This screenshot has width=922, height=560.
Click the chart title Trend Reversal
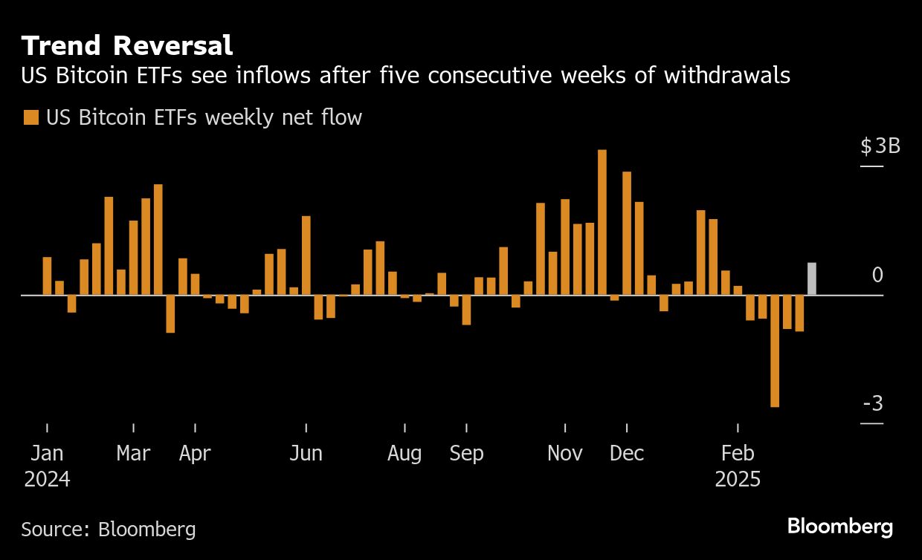(127, 46)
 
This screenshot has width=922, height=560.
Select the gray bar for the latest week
(812, 279)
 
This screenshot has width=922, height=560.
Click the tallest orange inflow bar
(602, 223)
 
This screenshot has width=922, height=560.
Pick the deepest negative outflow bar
(775, 351)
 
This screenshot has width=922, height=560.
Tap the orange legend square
(30, 117)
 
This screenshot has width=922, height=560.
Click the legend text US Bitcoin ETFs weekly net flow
(204, 117)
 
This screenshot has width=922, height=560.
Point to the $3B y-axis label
(880, 146)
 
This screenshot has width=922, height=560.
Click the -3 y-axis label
(873, 404)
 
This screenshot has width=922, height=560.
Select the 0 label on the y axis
(877, 276)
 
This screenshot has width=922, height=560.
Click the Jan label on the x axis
(47, 453)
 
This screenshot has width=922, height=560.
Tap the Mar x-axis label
(133, 453)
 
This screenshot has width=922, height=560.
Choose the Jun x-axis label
(306, 453)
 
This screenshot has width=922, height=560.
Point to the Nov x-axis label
(565, 453)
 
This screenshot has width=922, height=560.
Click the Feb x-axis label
(738, 453)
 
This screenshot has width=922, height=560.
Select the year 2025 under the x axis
(738, 480)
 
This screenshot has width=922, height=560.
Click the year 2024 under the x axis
(47, 480)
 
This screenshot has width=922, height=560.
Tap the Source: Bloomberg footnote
(109, 530)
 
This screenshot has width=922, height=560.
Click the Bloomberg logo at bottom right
(840, 527)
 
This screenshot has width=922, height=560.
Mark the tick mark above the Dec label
(627, 428)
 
